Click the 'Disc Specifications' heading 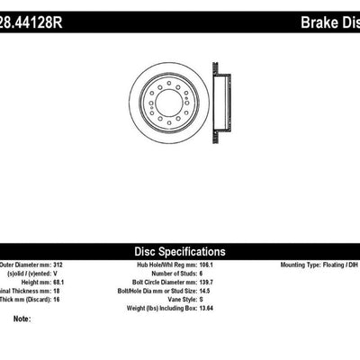[179, 252]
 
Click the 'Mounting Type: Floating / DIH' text [311, 267]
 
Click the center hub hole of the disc [168, 103]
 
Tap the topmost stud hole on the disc [168, 82]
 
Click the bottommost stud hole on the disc [168, 123]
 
